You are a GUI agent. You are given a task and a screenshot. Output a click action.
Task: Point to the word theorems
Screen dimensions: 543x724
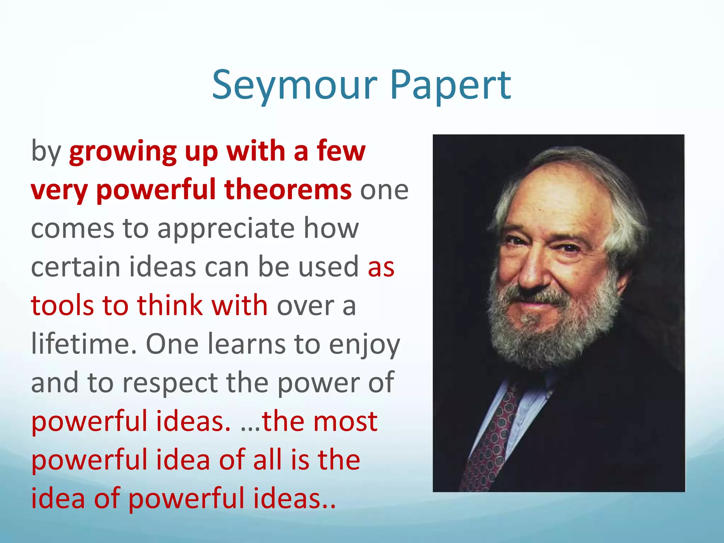coord(288,189)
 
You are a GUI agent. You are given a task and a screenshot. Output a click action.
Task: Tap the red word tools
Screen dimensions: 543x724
coord(62,305)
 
